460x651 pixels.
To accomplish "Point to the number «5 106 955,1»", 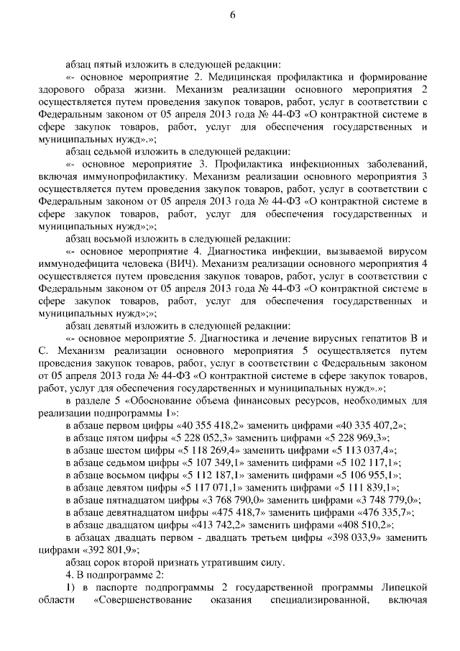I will click(x=365, y=476).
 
